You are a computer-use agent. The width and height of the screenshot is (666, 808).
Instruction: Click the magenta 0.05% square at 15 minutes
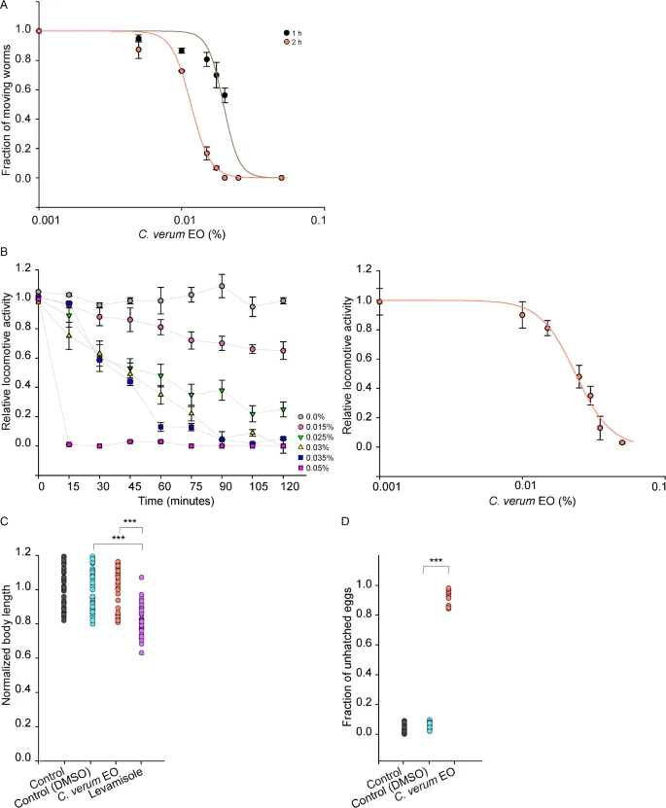tap(70, 444)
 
